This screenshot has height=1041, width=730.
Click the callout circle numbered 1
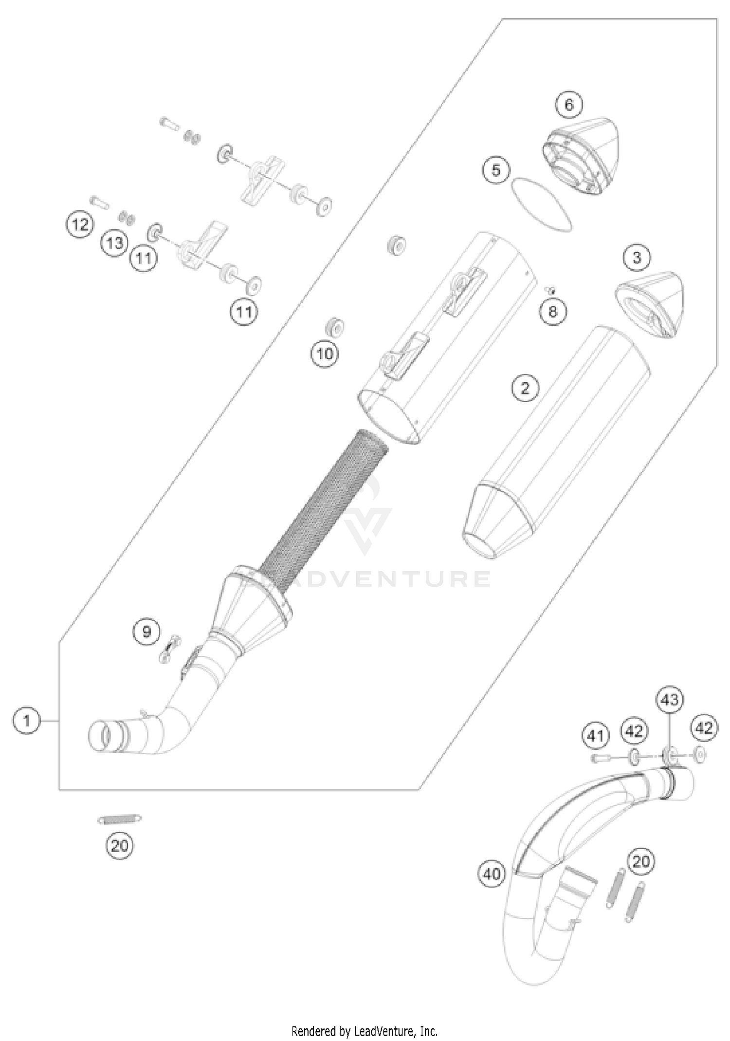[x=27, y=720]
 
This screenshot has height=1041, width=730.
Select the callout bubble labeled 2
[x=525, y=388]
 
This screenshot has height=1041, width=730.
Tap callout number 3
[x=637, y=257]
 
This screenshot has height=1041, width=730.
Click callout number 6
[x=569, y=104]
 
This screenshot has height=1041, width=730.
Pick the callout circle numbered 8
[x=552, y=311]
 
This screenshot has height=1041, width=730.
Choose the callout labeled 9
[x=146, y=632]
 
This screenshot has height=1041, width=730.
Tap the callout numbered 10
[x=325, y=353]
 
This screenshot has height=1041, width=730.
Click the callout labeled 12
[x=80, y=224]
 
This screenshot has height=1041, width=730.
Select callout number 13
[x=115, y=242]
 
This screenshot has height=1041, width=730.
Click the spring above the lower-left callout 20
[x=120, y=819]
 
